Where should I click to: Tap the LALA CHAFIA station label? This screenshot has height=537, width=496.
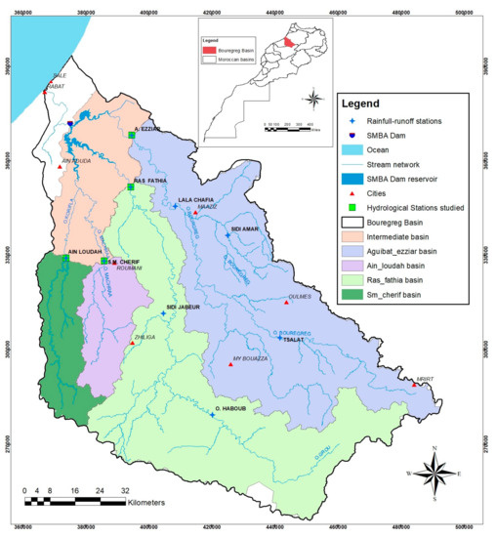tap(195, 200)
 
